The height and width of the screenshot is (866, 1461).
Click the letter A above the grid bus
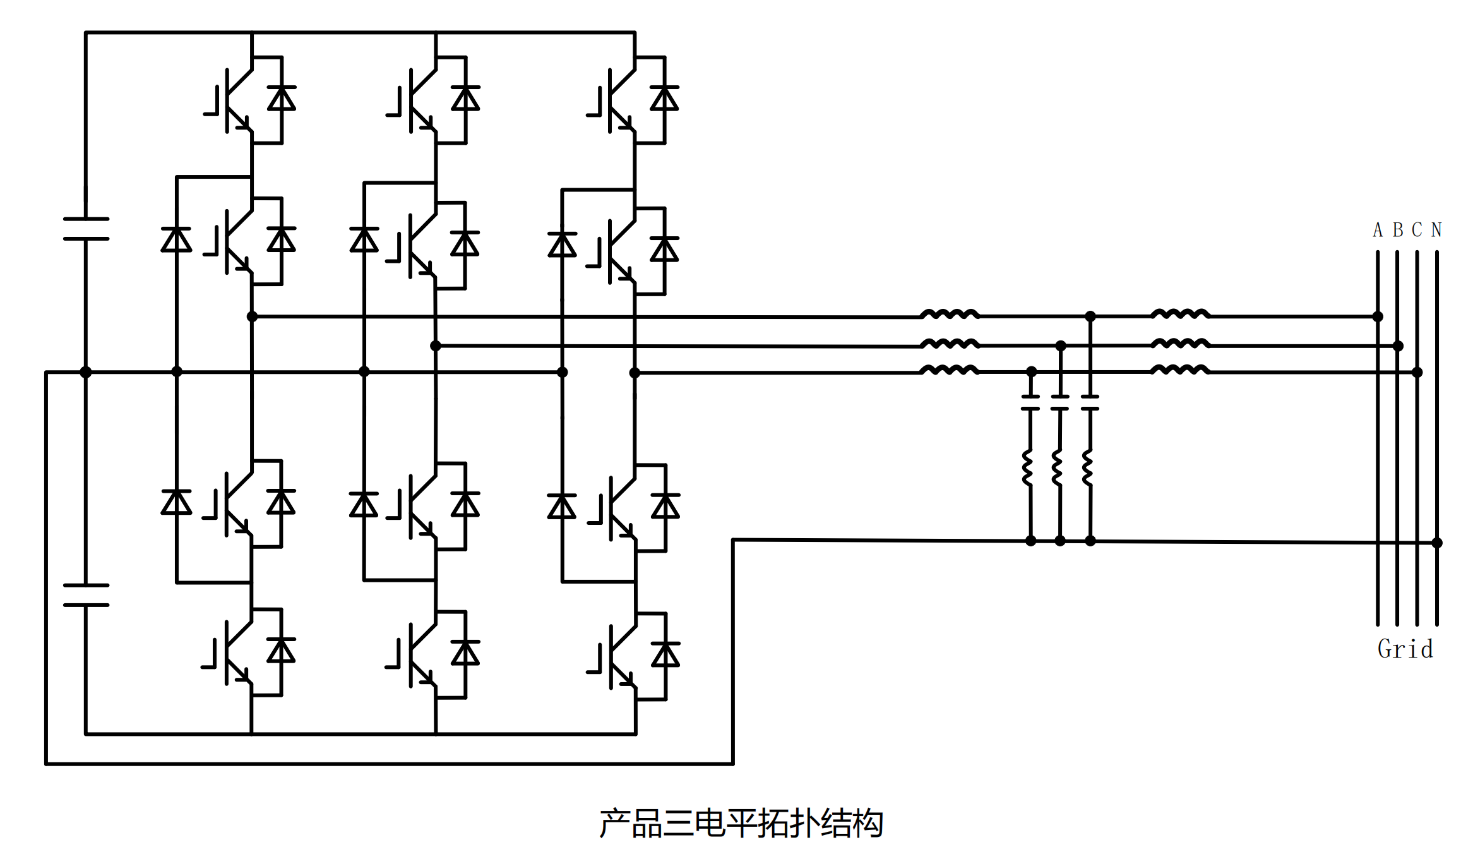click(x=1378, y=230)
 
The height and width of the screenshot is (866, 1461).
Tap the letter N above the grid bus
click(x=1436, y=230)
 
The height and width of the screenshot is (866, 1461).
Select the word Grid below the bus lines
click(x=1405, y=649)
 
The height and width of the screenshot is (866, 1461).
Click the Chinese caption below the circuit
click(x=741, y=824)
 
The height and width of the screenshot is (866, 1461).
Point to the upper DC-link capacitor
click(x=86, y=229)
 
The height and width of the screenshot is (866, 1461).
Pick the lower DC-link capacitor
click(x=86, y=595)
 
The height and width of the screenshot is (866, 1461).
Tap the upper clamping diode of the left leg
click(x=176, y=240)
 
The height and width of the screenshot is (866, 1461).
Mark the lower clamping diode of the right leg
click(x=562, y=507)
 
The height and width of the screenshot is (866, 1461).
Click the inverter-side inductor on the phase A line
click(x=949, y=314)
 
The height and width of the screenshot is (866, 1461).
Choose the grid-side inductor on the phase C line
click(x=1179, y=370)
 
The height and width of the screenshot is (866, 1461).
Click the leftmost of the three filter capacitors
click(x=1030, y=402)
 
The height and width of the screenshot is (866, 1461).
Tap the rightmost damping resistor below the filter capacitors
click(x=1087, y=468)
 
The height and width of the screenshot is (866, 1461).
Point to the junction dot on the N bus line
click(x=1437, y=543)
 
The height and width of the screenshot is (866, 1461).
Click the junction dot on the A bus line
click(x=1378, y=316)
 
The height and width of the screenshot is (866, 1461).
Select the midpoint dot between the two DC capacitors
click(x=86, y=372)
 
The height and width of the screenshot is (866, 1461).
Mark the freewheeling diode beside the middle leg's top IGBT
click(x=465, y=99)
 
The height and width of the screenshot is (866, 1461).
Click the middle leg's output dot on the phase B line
click(x=436, y=346)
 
